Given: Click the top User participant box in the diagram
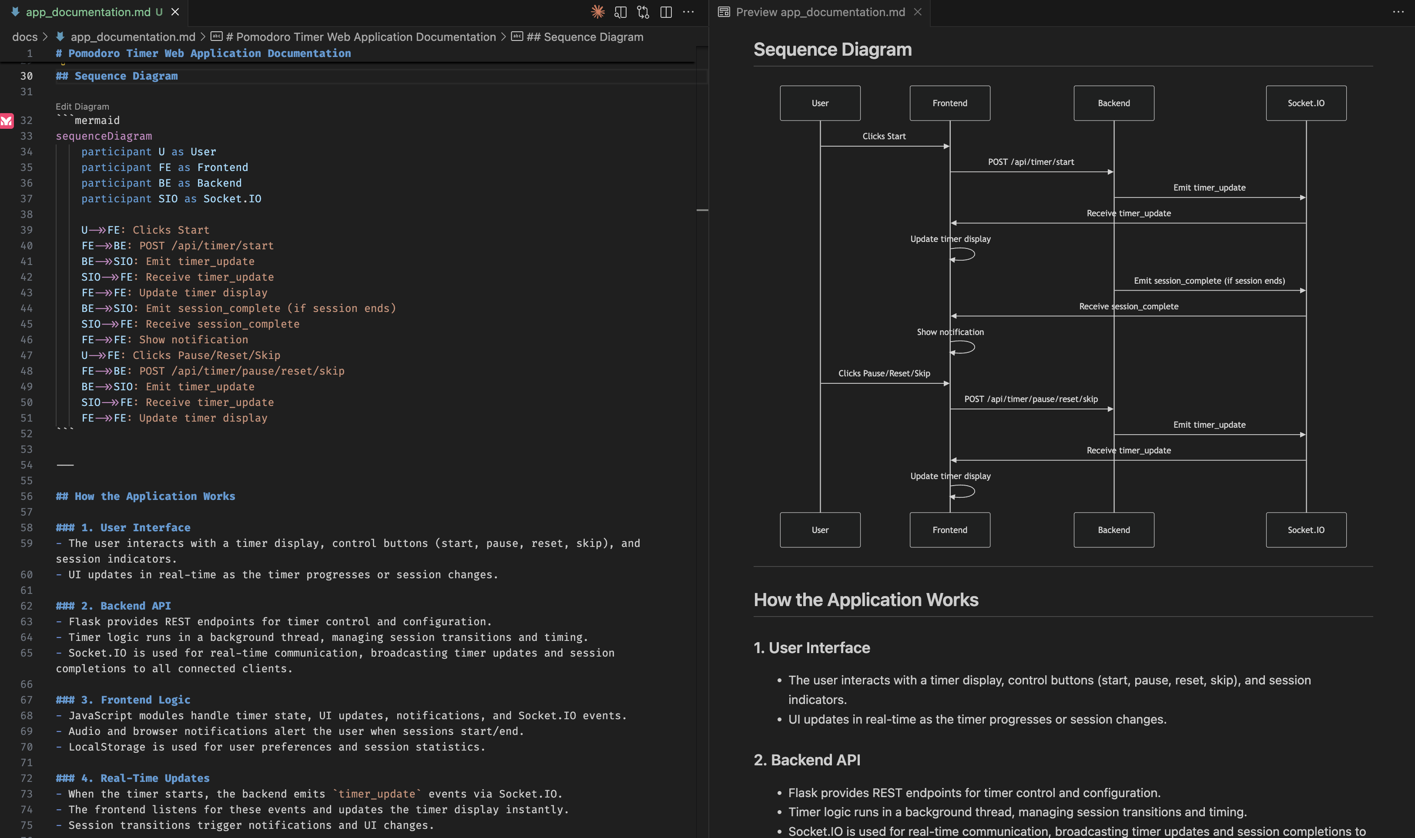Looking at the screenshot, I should [x=820, y=103].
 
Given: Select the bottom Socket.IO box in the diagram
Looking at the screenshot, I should [x=1305, y=530].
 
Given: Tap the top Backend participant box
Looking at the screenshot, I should [x=1113, y=103].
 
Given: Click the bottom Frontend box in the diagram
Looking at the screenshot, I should [x=950, y=530].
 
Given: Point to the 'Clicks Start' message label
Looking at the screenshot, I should [x=884, y=136].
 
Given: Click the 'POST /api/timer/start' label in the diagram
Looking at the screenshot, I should [x=1030, y=162].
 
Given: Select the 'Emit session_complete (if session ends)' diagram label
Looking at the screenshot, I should [x=1209, y=281].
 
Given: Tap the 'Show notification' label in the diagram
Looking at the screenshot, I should [x=950, y=332].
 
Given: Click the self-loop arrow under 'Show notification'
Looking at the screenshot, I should [x=963, y=348].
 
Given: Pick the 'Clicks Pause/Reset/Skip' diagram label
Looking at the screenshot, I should [x=884, y=373].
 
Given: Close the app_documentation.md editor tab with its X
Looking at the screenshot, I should [x=175, y=12].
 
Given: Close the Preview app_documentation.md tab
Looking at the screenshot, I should [x=918, y=12].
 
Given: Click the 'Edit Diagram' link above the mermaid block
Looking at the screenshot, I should [x=82, y=106].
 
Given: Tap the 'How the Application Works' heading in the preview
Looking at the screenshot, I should [x=865, y=600].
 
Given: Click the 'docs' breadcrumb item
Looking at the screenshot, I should [x=25, y=37].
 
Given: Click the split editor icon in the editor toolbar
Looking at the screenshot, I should [x=666, y=12].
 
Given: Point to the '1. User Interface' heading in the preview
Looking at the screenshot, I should [x=811, y=648].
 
